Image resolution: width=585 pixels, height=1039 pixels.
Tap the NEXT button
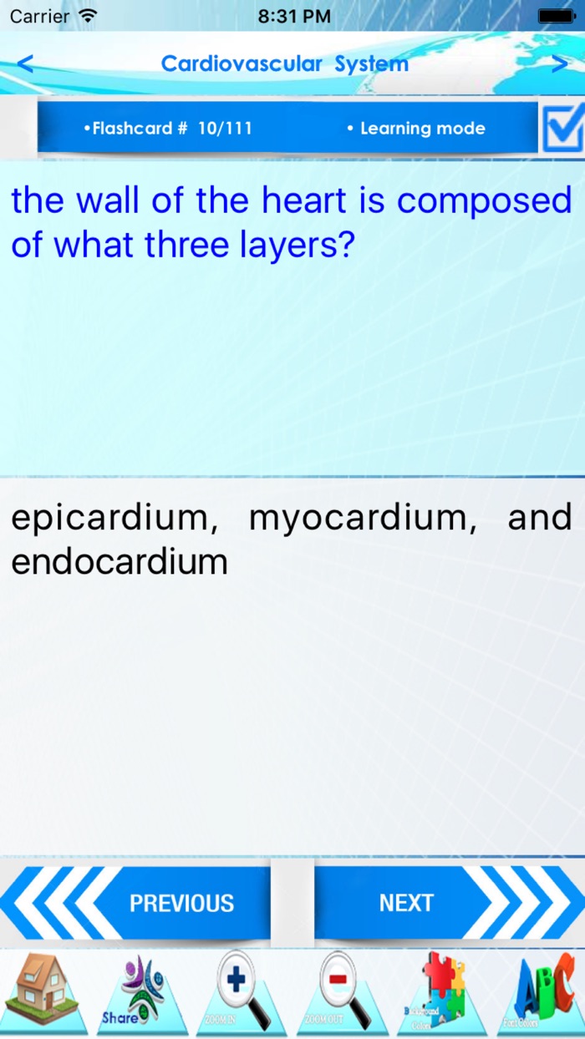tap(406, 903)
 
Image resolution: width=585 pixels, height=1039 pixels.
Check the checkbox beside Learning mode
tap(562, 128)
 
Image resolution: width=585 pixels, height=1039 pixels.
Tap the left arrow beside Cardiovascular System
tap(25, 63)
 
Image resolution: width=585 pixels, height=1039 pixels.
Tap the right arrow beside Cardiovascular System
tap(559, 63)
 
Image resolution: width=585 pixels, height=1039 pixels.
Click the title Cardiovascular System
tap(284, 63)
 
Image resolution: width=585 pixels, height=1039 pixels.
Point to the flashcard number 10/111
tap(225, 129)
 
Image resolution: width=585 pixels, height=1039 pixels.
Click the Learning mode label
tap(421, 129)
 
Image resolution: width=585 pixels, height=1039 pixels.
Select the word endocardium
tap(119, 562)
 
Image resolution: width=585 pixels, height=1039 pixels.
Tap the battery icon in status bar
tap(555, 16)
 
